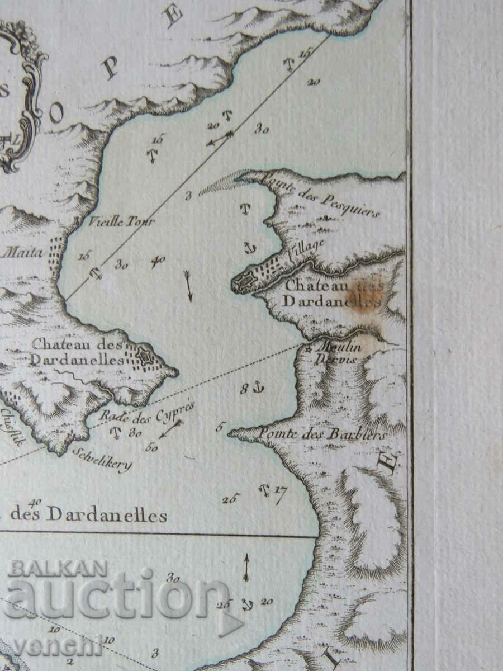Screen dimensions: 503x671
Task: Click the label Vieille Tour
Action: click(x=121, y=221)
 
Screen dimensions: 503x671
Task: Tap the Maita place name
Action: click(x=23, y=253)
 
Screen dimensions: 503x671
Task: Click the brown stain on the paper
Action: click(x=363, y=295)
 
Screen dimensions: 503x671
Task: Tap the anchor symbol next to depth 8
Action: click(x=258, y=386)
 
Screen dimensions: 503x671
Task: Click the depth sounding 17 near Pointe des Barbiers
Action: click(x=281, y=492)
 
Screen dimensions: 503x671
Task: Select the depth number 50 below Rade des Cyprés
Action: click(x=151, y=447)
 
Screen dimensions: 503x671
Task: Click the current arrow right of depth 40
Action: click(x=188, y=286)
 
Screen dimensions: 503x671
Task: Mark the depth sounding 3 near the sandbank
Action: click(x=188, y=195)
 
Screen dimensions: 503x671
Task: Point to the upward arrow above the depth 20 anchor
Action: click(x=246, y=568)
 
